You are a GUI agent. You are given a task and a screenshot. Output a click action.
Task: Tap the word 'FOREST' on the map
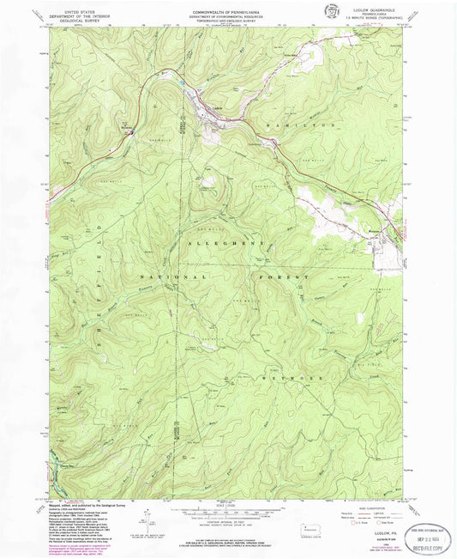pyautogui.click(x=283, y=279)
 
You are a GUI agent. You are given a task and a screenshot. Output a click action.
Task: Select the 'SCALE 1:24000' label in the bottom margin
pyautogui.click(x=227, y=502)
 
